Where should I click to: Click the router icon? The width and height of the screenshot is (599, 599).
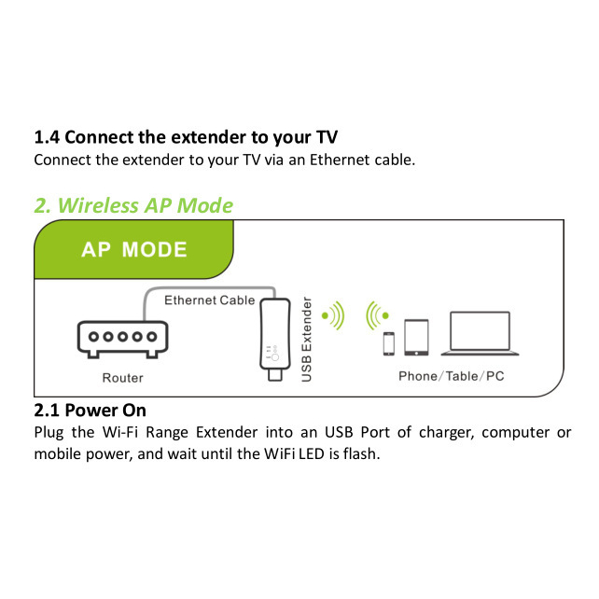coord(122,339)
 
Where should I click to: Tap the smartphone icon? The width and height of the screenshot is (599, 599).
coord(389,343)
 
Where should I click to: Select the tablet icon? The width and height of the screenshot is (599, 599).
coord(416,338)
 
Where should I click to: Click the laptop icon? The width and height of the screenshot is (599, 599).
coord(480,333)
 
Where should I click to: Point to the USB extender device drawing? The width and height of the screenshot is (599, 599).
coord(274,339)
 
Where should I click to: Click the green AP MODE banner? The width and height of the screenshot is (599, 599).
coord(133,249)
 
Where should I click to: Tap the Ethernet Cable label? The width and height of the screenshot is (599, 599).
coord(209,300)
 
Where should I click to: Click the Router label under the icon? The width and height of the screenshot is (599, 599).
coord(122,378)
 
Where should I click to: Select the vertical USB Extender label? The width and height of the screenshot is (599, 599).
coord(307,340)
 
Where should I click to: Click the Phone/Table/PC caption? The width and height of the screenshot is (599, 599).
coord(452,376)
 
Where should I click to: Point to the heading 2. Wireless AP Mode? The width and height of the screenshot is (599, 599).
coord(133,205)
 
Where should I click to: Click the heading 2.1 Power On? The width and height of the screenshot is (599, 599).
coord(91,411)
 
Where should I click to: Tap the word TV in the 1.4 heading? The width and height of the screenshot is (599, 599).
coord(327,137)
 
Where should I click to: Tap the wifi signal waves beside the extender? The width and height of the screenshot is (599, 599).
coord(333,315)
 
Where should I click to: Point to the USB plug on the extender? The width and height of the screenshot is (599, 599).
coord(275,375)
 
